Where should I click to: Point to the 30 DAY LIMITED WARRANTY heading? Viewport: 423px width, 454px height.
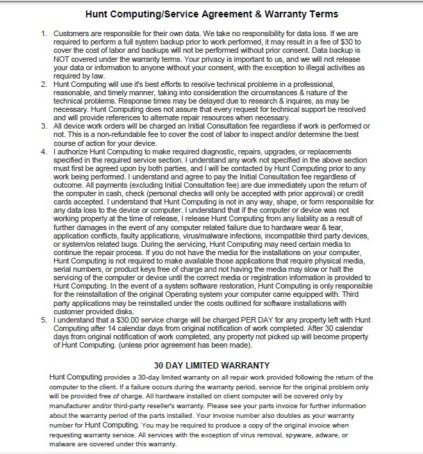[211, 364]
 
